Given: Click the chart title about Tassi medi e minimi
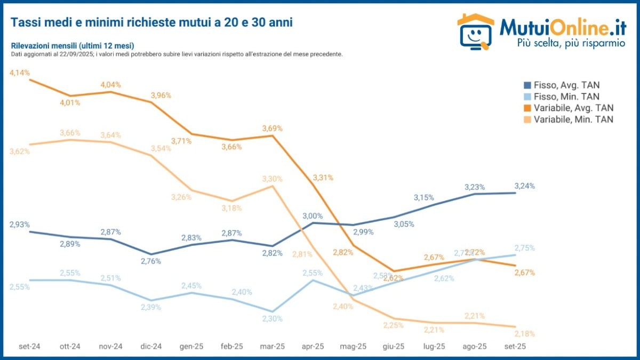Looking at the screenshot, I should tap(151, 22).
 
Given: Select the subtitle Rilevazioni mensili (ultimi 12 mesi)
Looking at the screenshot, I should tap(72, 46).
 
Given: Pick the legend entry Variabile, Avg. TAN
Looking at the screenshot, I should tap(569, 108).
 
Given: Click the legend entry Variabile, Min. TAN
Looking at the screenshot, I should tap(569, 119).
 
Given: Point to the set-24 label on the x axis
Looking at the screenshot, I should tap(29, 347).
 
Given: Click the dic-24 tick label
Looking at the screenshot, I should tap(151, 347).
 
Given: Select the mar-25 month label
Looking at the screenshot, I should tap(272, 347).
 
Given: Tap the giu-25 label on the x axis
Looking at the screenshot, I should tap(394, 347).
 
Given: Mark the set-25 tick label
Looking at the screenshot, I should tap(515, 347).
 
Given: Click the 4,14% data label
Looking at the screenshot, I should tap(20, 72).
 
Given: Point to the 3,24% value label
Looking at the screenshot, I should tap(524, 186).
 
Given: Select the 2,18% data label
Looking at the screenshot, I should tap(524, 334).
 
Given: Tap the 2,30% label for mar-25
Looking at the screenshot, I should tap(272, 319).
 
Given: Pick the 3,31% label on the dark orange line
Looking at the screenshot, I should tap(323, 178).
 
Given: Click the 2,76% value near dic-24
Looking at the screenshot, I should tap(151, 261).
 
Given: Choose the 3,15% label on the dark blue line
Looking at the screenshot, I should tap(424, 198).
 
